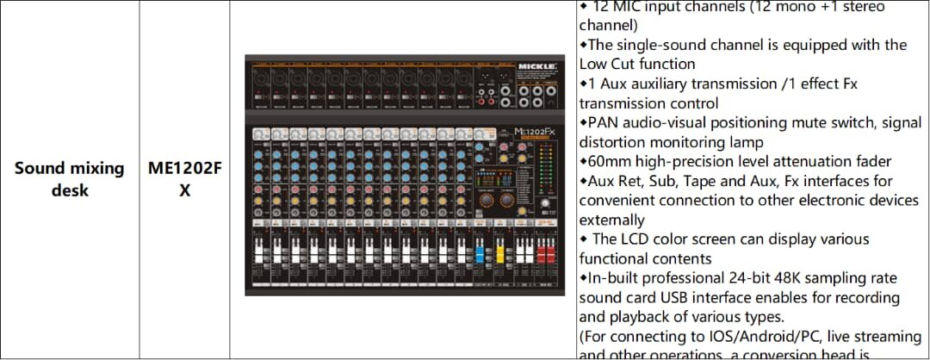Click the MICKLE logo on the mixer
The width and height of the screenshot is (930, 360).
tap(538, 65)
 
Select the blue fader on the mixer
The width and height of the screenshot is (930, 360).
tap(480, 255)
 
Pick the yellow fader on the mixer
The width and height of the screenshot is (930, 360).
tap(499, 255)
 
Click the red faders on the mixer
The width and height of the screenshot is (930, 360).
tap(543, 257)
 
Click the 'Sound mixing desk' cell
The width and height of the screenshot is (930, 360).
tap(70, 179)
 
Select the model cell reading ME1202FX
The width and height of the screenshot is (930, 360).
tap(184, 179)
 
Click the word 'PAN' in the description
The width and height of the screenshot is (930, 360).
tap(603, 122)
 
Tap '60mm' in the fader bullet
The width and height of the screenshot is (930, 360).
tap(610, 161)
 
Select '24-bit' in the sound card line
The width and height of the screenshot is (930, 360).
tap(754, 277)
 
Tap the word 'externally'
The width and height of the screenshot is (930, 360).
tap(611, 220)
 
